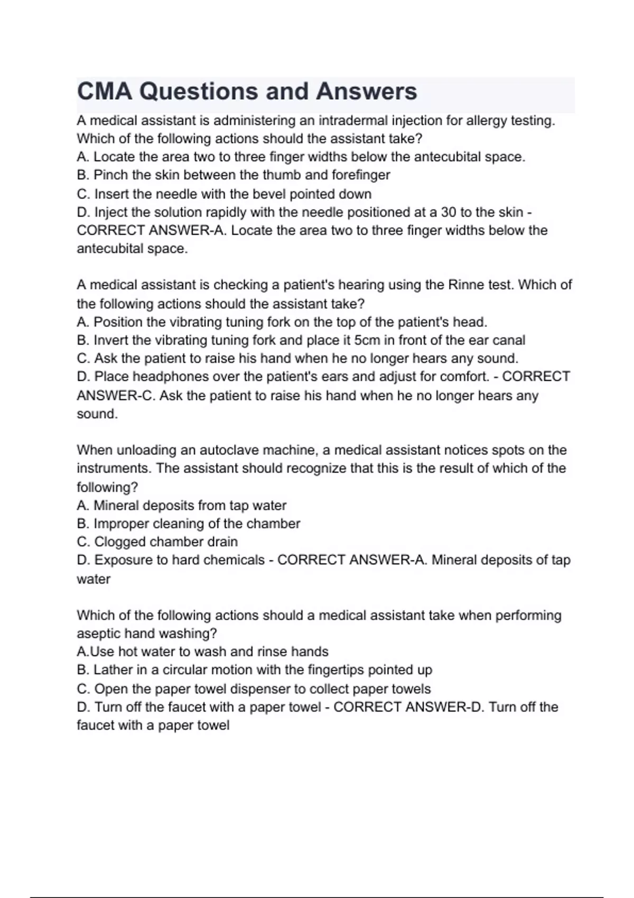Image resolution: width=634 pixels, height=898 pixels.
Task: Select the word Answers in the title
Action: (366, 91)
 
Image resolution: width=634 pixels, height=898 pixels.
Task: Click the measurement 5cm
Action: (367, 340)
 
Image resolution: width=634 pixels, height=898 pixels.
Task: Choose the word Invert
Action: (110, 340)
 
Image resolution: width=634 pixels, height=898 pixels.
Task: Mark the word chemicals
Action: (234, 560)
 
